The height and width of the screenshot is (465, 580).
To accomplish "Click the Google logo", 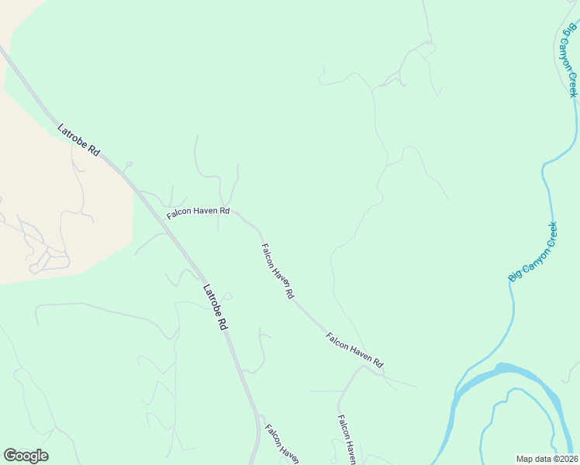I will coord(26,456).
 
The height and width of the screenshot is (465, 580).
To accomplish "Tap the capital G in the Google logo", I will coord(10,456).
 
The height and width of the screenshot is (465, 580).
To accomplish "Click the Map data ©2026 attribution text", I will coord(547,459).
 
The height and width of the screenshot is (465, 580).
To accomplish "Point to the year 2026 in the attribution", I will coord(566,459).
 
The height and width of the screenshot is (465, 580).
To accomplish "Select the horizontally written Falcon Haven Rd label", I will coord(199,211).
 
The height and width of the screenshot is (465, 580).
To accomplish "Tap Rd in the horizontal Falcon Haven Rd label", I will coord(224,211).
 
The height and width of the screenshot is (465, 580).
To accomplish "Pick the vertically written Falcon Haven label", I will coord(346,439).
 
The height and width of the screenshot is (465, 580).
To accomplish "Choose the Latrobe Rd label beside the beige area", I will coord(78,140).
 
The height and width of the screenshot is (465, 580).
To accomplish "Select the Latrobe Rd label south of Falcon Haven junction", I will coord(215,308).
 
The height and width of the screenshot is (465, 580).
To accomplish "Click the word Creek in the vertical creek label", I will coord(573,84).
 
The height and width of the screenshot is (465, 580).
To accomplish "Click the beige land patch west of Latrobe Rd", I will coord(54,201).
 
